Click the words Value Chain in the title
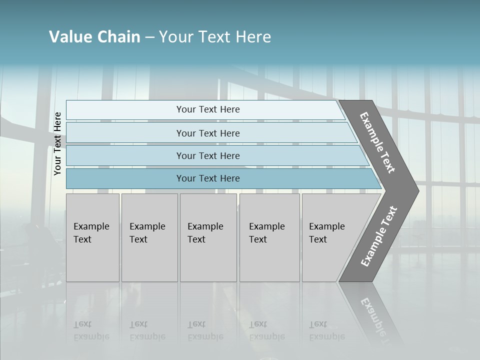[x=94, y=37]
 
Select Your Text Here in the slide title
[x=215, y=37]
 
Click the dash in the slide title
[x=149, y=37]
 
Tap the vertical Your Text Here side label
[x=57, y=144]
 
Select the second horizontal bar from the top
[x=207, y=133]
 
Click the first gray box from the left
[x=92, y=237]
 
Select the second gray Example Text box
[x=149, y=237]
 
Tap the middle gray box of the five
[x=208, y=237]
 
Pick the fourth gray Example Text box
[x=269, y=237]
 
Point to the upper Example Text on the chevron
[x=377, y=143]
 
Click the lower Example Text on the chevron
[x=378, y=236]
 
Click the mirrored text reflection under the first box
[x=91, y=330]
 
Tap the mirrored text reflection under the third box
[x=205, y=330]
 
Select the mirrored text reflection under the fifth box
[x=326, y=330]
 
